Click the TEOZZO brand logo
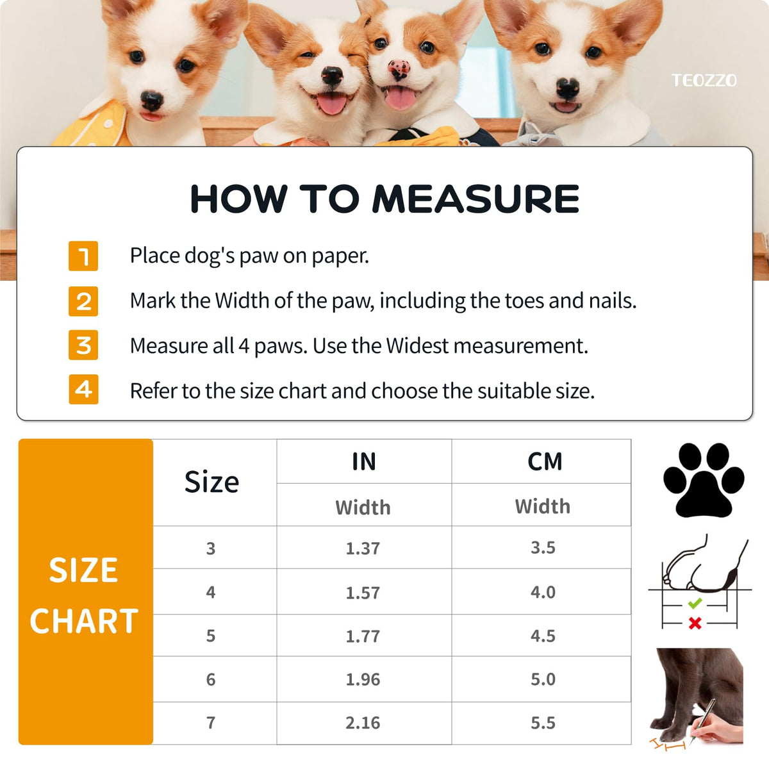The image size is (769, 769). click(704, 81)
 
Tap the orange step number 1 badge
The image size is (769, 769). click(83, 256)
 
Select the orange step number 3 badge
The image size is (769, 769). click(83, 345)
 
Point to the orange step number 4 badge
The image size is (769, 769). click(83, 390)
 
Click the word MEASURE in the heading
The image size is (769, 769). click(475, 199)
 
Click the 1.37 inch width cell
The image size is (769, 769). click(363, 549)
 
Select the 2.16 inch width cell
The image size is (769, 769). click(363, 723)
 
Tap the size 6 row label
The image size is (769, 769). click(211, 680)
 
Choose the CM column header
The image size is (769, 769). click(545, 461)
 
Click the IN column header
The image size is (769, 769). click(364, 461)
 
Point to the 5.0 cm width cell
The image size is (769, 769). click(543, 679)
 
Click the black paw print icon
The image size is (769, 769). click(704, 480)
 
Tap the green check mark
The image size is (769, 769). click(695, 603)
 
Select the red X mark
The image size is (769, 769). click(695, 623)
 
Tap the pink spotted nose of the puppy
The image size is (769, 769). click(399, 69)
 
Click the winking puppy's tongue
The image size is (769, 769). click(331, 103)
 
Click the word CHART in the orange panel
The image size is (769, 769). click(84, 622)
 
